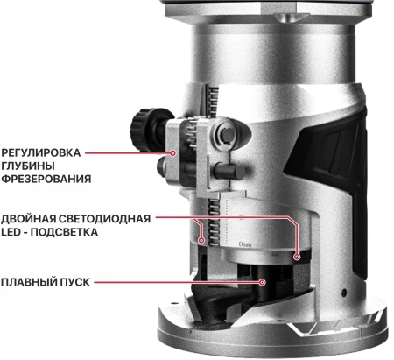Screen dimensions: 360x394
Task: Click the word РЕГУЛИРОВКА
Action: (x=40, y=152)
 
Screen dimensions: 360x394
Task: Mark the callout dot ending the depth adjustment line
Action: (x=174, y=152)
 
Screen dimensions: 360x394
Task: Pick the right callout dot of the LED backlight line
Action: (x=297, y=258)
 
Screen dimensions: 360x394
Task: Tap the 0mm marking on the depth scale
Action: (x=245, y=236)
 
